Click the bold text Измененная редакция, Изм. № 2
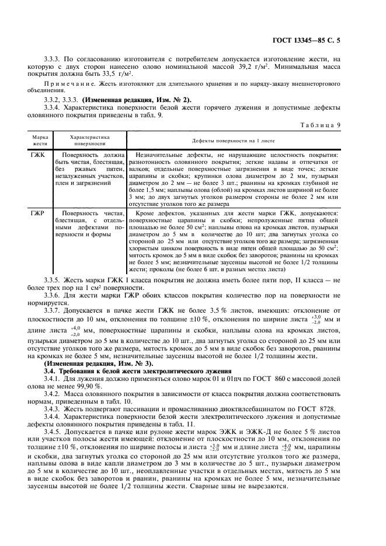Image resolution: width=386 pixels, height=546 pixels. (136, 100)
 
